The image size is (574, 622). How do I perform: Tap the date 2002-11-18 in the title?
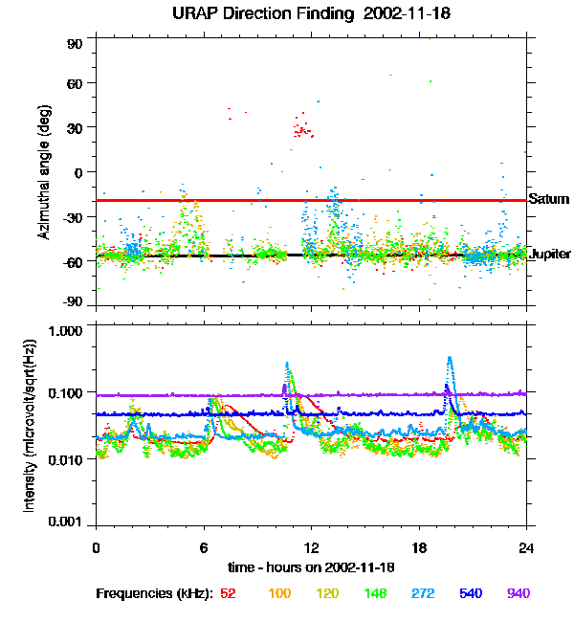pos(393,14)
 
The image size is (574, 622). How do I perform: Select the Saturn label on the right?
pos(549,200)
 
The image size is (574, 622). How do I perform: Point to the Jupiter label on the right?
pos(550,255)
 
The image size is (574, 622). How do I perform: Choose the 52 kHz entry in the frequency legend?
pos(229,593)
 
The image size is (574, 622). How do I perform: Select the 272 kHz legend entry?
pos(422,593)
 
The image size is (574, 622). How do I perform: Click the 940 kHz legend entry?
pos(519,593)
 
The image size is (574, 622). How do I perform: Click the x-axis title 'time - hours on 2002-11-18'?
pos(311,567)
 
